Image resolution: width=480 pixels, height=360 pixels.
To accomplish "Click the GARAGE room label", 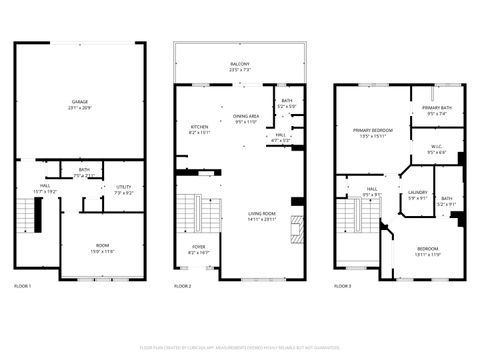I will [78, 103].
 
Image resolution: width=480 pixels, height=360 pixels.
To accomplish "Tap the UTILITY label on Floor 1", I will [124, 187].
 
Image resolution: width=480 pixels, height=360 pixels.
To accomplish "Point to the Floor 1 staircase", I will [38, 212].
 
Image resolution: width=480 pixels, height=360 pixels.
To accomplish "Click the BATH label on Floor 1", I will [84, 170].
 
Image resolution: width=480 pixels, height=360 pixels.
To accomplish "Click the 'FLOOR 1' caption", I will [23, 286].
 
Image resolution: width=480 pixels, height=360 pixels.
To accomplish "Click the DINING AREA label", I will [246, 117].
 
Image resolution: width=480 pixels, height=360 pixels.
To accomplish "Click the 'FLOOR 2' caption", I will [182, 286].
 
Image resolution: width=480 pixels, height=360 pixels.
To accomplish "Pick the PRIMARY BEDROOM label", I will [370, 130].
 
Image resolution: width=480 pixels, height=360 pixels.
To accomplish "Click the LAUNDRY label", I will [418, 193].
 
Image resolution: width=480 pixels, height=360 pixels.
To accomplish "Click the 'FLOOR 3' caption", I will [343, 286].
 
